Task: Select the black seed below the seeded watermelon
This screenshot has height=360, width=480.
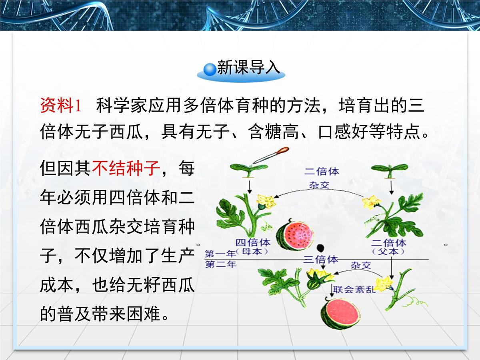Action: tap(320, 248)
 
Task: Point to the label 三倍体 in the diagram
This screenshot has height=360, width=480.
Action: tap(321, 259)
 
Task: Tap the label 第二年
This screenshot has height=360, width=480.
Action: tap(220, 264)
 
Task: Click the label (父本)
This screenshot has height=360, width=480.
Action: tap(388, 252)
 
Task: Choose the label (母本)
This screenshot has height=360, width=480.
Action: tap(252, 252)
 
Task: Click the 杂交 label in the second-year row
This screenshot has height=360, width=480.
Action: tap(361, 265)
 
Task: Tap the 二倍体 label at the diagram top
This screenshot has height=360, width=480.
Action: tap(322, 172)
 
